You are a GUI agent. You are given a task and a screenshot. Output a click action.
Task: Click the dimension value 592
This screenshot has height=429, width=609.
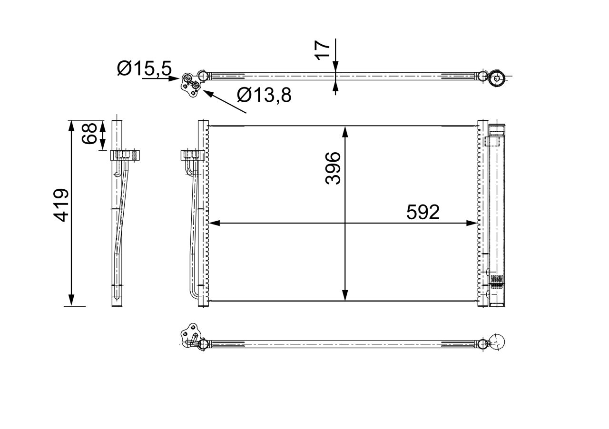coord(423,212)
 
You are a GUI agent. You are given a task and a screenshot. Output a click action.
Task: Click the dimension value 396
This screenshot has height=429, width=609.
coord(333,168)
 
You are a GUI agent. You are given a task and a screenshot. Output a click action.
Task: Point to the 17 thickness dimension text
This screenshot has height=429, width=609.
coord(323,49)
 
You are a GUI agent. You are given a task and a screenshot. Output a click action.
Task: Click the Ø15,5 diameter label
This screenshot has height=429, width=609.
coord(144,69)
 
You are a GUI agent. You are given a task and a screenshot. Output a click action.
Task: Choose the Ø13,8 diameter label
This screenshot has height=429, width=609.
coord(264,96)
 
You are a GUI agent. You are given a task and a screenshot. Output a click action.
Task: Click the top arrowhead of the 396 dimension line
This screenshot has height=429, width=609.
coord(345,131)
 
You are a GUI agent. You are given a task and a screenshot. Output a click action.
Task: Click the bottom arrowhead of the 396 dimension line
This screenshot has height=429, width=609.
coord(345,295)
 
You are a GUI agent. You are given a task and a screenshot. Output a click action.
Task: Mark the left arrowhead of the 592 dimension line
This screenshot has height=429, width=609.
coord(214,223)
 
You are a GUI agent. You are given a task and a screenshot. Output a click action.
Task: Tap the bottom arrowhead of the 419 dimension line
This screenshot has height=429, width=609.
coord(71,300)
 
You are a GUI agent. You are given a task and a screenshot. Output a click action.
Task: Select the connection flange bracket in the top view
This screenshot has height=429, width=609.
coord(190,84)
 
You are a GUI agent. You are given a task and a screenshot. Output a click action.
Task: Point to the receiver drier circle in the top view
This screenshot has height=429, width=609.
coord(497,78)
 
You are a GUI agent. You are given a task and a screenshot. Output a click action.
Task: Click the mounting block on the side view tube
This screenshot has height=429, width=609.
coord(125,155)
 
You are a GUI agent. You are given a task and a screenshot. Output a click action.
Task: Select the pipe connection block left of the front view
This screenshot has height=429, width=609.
coord(192,155)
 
